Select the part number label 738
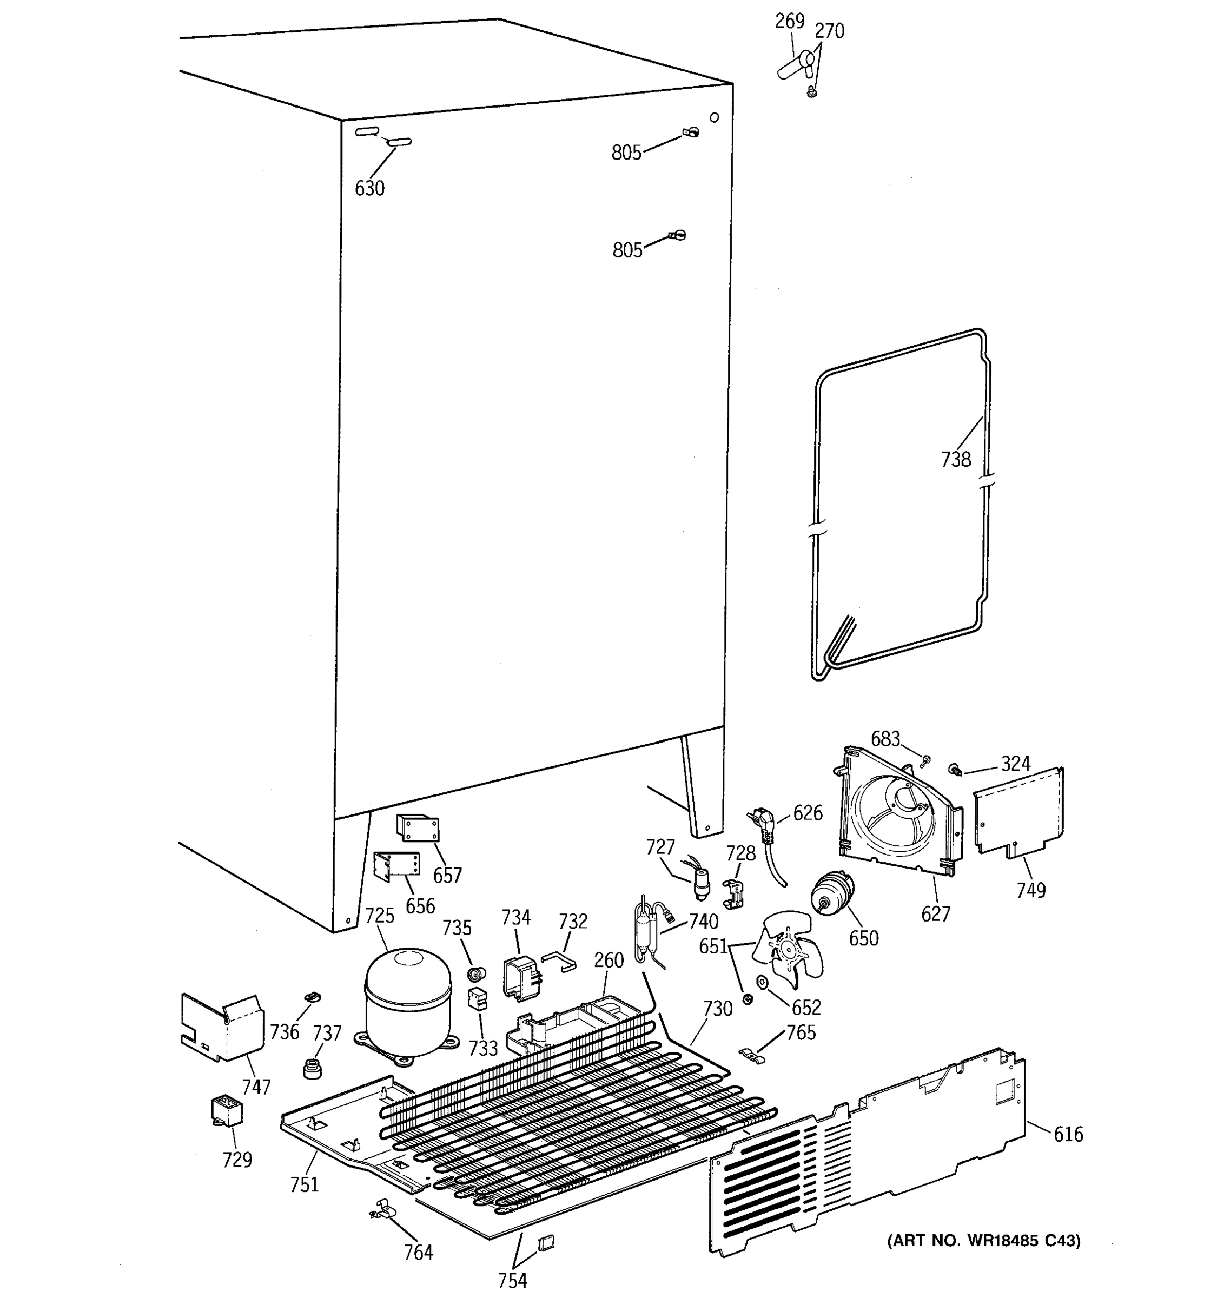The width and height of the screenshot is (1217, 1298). (955, 460)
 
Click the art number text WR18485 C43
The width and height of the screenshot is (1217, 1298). (983, 1240)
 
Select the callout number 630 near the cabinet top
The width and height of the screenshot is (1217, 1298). (369, 189)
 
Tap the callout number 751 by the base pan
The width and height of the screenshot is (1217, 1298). (304, 1184)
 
